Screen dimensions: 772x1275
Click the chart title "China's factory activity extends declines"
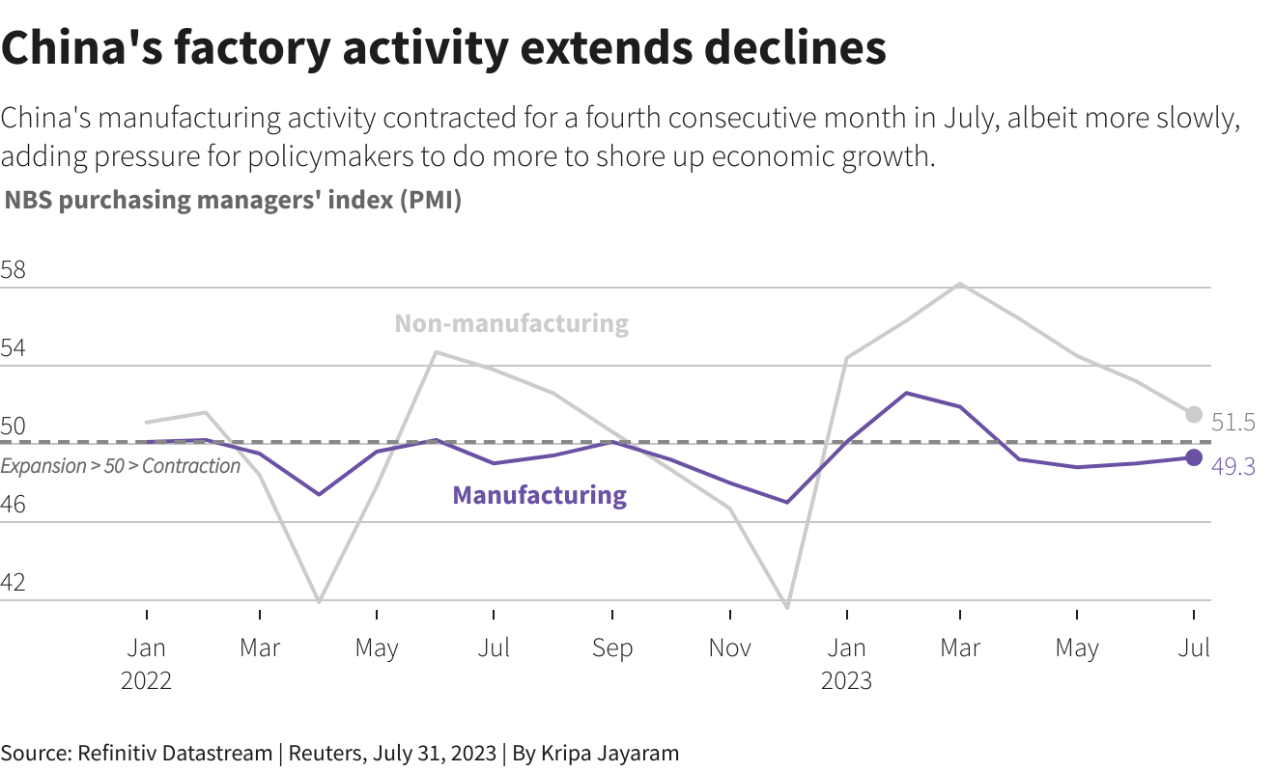(x=443, y=48)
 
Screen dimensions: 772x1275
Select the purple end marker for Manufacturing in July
(x=1194, y=457)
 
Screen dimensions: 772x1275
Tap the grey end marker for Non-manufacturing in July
(x=1194, y=415)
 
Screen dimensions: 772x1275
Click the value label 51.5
(x=1232, y=423)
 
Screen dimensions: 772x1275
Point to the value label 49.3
(x=1232, y=467)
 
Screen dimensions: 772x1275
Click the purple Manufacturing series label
(x=539, y=495)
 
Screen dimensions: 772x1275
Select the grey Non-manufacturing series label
(x=511, y=323)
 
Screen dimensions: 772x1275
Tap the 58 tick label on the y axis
(x=14, y=270)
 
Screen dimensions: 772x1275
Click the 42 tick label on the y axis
(x=14, y=583)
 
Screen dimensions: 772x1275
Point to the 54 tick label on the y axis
(x=14, y=349)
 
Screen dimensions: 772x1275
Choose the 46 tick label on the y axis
(x=14, y=505)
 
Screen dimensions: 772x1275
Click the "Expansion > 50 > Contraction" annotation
(x=121, y=466)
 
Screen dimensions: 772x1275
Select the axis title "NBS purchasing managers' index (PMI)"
(x=233, y=201)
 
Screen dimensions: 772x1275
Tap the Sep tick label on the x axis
(x=612, y=648)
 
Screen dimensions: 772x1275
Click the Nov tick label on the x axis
(x=730, y=648)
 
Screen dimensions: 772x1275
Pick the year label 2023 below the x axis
(x=846, y=680)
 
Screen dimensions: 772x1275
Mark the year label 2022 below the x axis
(x=146, y=680)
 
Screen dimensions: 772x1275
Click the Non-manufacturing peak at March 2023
(x=959, y=284)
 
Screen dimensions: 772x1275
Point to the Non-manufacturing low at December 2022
(x=788, y=608)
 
